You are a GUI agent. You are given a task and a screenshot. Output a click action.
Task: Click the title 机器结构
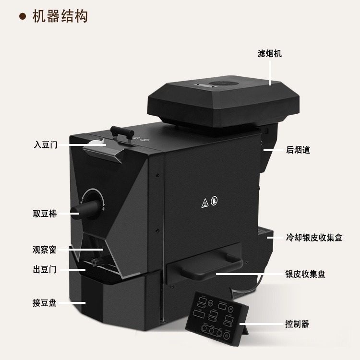(60, 16)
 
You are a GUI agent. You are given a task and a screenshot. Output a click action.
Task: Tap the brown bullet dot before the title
(22, 17)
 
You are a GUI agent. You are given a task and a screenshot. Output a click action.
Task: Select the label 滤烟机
(270, 53)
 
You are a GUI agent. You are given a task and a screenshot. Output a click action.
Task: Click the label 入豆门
(46, 144)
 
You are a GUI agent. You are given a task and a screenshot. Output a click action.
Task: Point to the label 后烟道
(298, 150)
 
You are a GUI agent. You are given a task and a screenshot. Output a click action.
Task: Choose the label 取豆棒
(45, 214)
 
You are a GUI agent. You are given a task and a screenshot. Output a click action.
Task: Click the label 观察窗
(45, 250)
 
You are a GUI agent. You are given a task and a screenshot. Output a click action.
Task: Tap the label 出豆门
(45, 270)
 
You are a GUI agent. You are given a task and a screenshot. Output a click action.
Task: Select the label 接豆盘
(45, 303)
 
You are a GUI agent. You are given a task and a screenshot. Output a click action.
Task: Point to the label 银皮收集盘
(305, 274)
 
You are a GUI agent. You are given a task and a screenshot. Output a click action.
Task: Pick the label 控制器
(297, 324)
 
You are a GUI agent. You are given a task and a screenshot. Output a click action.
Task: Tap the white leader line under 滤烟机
(270, 72)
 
